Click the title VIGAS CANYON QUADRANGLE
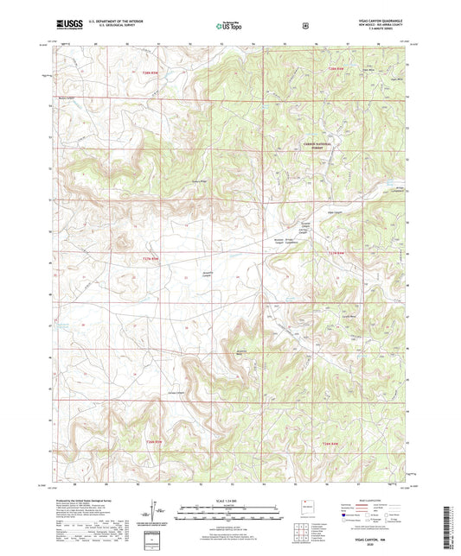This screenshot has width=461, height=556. pos(374,22)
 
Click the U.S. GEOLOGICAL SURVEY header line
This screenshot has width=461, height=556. pos(100,27)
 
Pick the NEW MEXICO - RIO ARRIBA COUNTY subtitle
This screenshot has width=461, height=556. pos(374,27)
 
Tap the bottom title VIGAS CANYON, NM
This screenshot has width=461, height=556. pos(374,536)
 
